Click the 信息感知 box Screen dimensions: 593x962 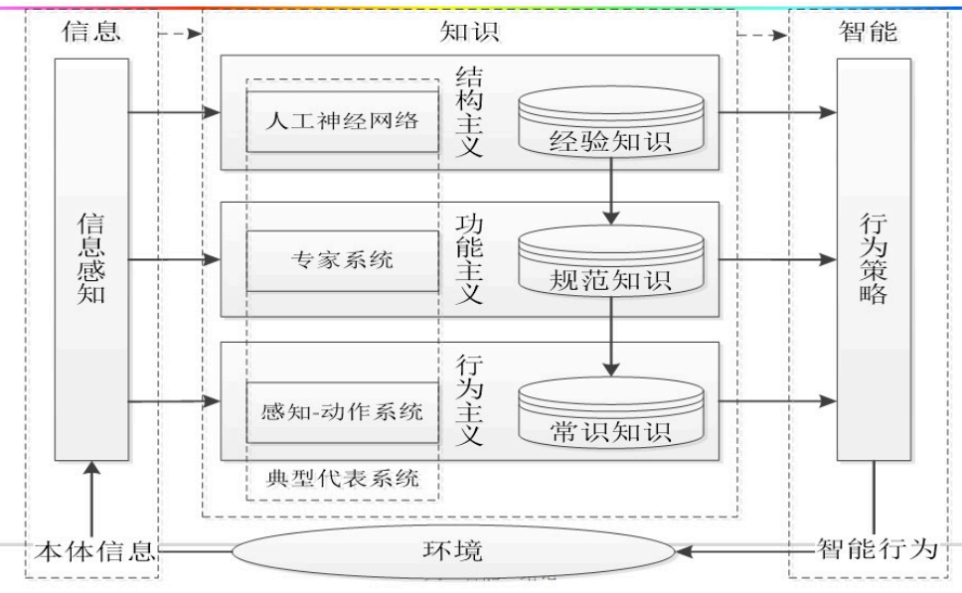[x=91, y=258]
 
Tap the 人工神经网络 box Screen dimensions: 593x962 [x=342, y=121]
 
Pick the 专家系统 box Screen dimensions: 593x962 [x=342, y=260]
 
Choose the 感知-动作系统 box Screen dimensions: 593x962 [x=342, y=410]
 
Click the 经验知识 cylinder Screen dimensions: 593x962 [x=610, y=123]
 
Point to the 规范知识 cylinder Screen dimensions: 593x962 [x=610, y=264]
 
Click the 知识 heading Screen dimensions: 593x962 [x=469, y=31]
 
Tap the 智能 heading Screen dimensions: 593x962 [x=868, y=31]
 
